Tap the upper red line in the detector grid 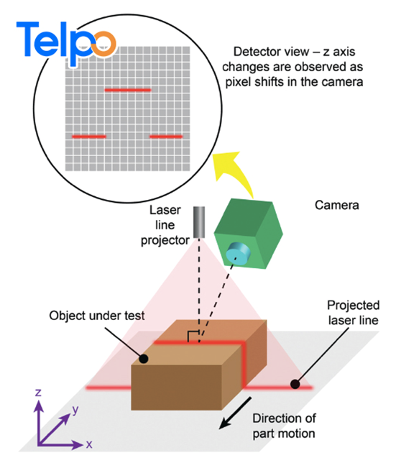(128, 90)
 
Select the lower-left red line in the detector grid (89, 137)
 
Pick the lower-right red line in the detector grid (166, 137)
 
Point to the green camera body (248, 233)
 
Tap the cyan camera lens (238, 254)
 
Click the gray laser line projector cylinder (199, 222)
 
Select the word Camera (336, 205)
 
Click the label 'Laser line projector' (165, 225)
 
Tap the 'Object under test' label (97, 316)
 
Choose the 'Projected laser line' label (353, 313)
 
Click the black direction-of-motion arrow (235, 413)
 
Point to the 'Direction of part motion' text (284, 426)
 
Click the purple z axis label (38, 393)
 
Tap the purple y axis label (75, 410)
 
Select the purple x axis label (89, 444)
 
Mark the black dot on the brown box (144, 359)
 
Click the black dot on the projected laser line (295, 384)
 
